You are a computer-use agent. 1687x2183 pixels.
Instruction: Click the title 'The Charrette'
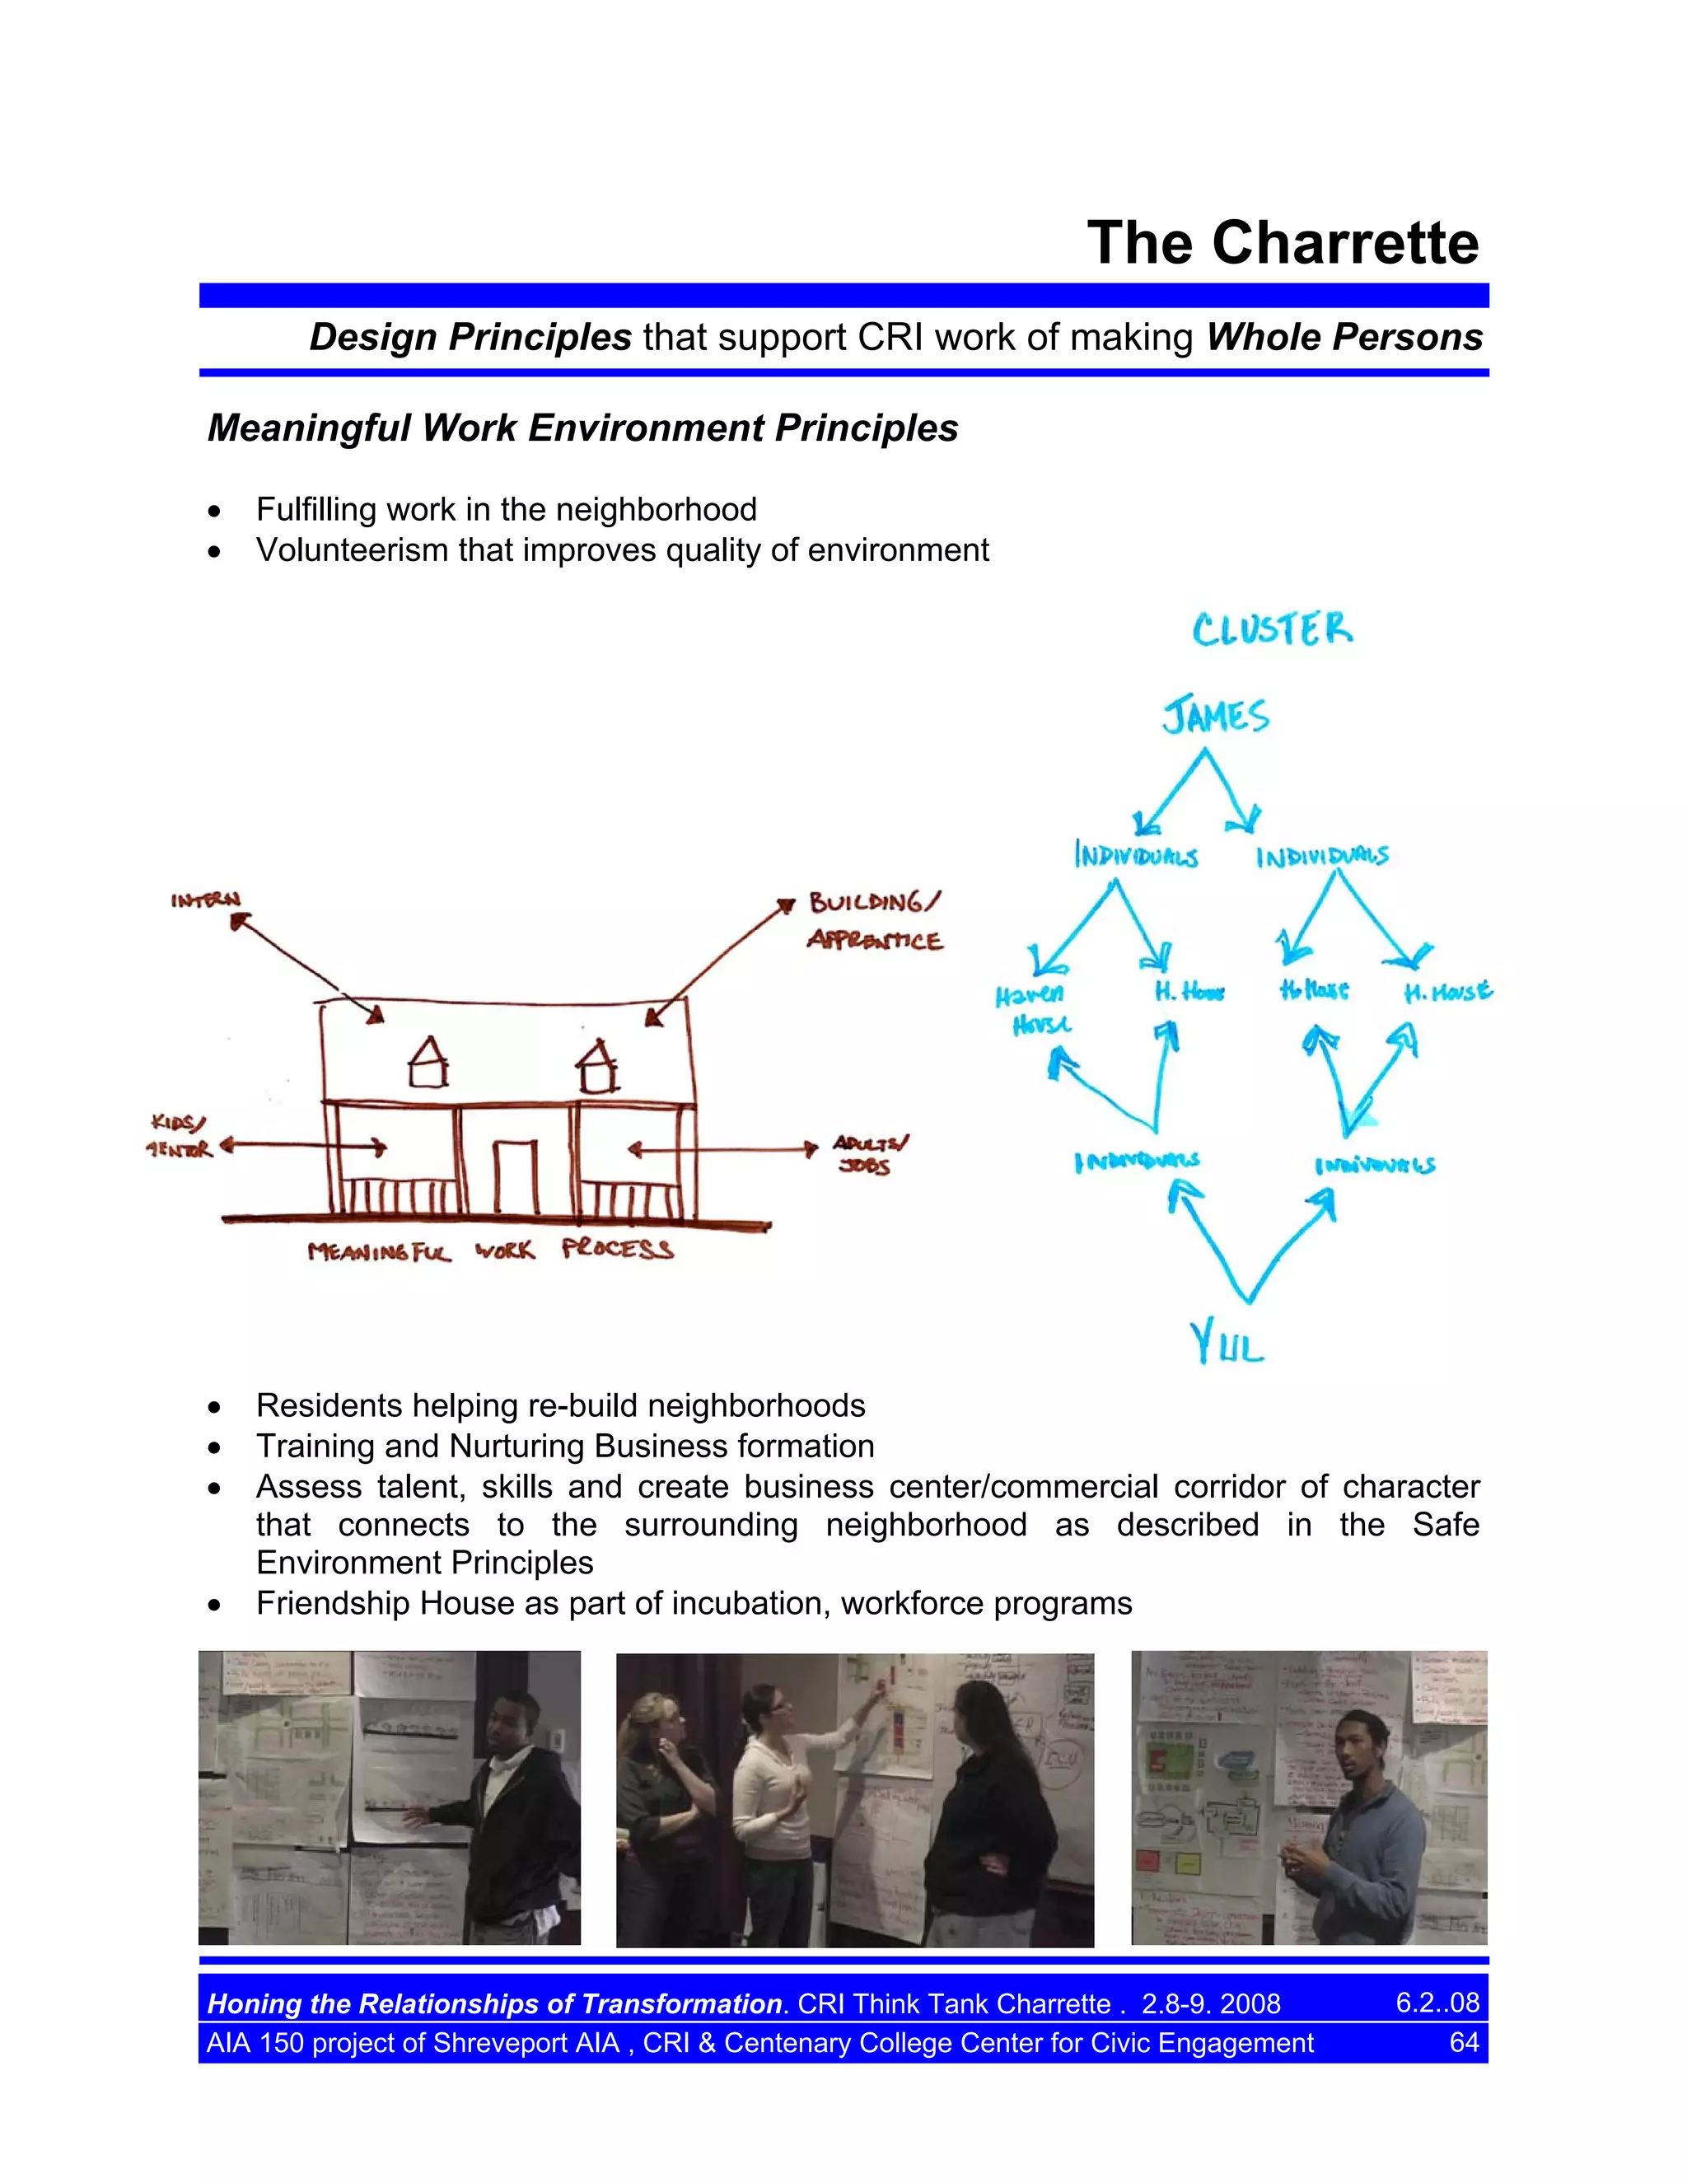[x=1283, y=243]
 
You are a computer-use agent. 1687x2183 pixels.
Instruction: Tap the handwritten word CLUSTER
[x=1272, y=629]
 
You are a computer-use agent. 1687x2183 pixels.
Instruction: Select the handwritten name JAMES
[x=1215, y=717]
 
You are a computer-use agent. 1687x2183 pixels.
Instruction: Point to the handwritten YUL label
[x=1227, y=1343]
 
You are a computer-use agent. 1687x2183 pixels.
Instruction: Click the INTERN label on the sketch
[x=206, y=900]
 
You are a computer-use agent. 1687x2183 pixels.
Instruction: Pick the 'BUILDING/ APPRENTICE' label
[x=875, y=922]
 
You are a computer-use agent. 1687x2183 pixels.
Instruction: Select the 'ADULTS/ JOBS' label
[x=870, y=1154]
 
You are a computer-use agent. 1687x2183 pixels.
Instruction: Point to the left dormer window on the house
[x=428, y=1063]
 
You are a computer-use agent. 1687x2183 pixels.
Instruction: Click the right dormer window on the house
[x=598, y=1067]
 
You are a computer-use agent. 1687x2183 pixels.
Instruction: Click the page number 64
[x=1464, y=2042]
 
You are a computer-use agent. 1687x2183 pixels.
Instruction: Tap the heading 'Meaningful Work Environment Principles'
[x=582, y=428]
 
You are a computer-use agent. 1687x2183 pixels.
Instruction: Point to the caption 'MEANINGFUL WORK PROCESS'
[x=491, y=1250]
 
